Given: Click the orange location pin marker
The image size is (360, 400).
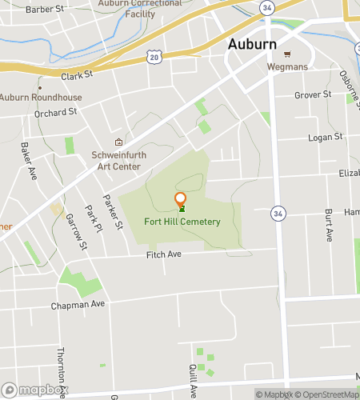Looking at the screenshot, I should point(181,199).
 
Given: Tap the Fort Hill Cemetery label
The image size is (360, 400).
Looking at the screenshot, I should point(182,222).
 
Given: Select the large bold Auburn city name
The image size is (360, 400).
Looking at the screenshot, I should point(253,44).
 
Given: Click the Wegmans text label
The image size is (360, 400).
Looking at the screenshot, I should point(288,67).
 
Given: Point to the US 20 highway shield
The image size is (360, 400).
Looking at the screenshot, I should point(154,57).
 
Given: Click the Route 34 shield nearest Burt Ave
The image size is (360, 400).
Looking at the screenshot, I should point(277,213).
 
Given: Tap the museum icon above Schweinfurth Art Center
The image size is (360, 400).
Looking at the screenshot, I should point(118,142).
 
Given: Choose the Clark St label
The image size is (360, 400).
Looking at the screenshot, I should point(78,74).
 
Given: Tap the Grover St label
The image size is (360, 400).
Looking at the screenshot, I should point(313,94).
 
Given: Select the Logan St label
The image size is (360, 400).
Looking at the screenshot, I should point(326,137).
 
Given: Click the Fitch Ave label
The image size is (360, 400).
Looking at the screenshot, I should point(164,254).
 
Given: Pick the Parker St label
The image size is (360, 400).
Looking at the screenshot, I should point(114,212).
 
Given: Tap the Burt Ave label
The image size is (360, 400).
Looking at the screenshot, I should point(329,226).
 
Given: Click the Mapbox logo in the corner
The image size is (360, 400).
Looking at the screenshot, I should point(34,391).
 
